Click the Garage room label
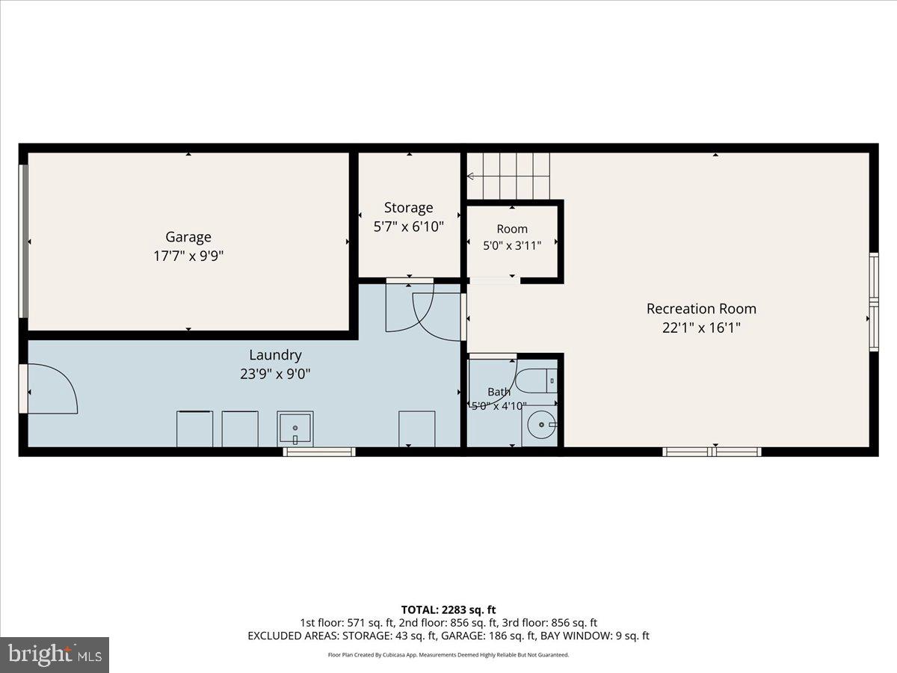click(x=188, y=237)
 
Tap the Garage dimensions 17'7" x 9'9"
click(x=188, y=256)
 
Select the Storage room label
click(x=409, y=208)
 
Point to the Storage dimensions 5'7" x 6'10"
click(x=409, y=227)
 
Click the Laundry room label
click(x=275, y=355)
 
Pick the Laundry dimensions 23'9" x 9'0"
click(x=275, y=374)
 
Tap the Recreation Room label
click(x=701, y=309)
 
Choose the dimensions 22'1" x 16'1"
click(x=701, y=328)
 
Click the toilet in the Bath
click(x=536, y=381)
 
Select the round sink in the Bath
click(x=541, y=425)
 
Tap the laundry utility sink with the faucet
click(x=295, y=429)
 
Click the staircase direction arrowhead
click(x=470, y=176)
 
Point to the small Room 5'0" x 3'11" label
click(x=512, y=237)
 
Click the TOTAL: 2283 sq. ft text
click(x=449, y=610)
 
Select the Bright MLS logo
click(x=55, y=655)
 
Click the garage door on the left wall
click(x=24, y=241)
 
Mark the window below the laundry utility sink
click(x=319, y=452)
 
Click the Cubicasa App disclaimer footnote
click(x=449, y=655)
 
